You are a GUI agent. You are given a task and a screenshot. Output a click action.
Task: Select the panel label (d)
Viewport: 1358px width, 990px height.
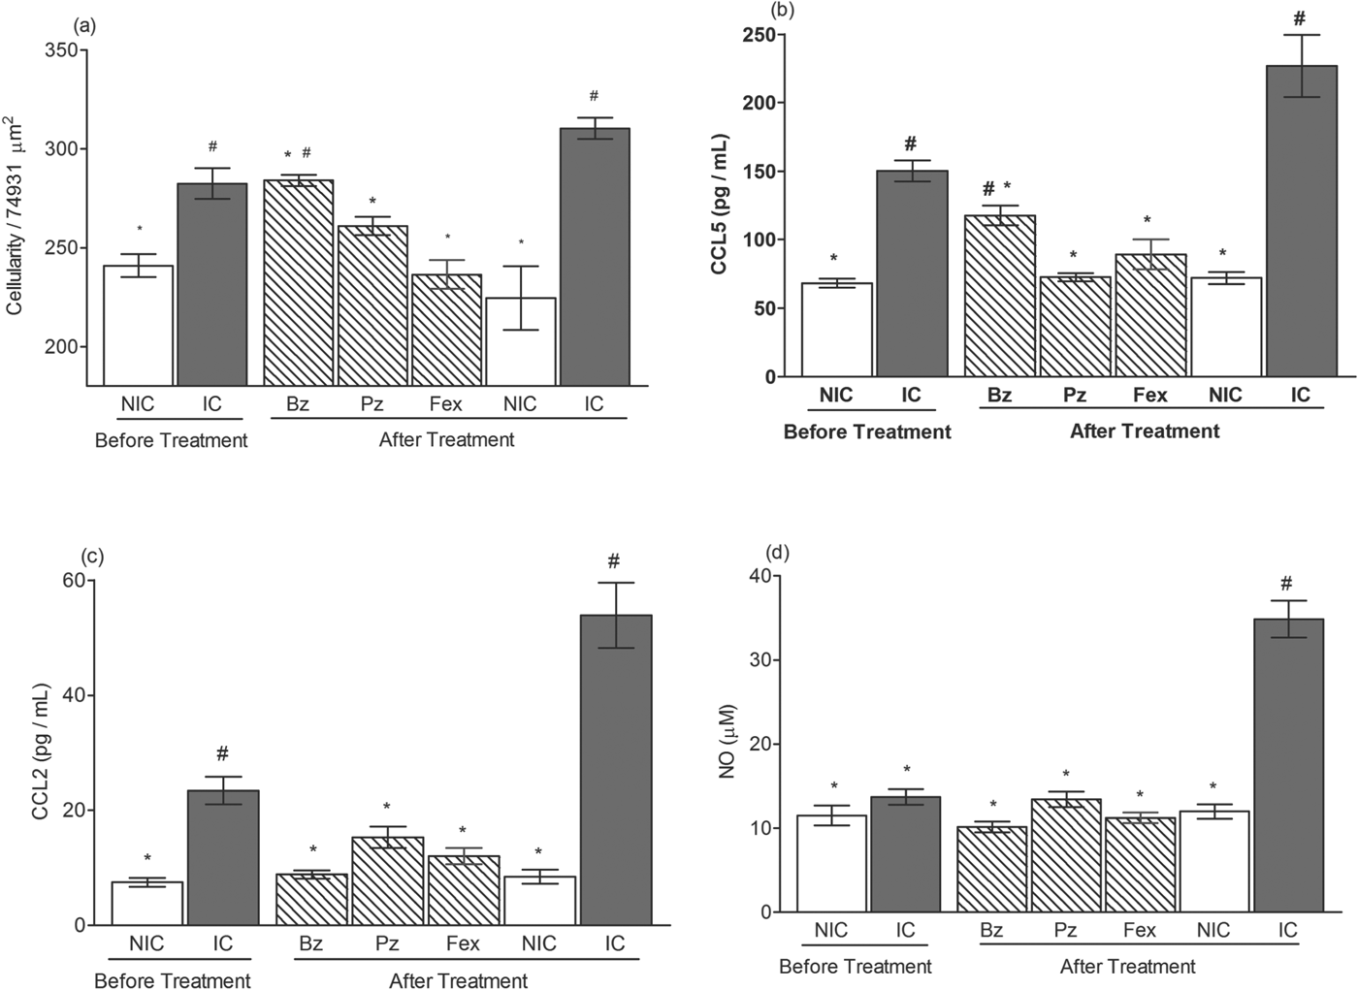[x=778, y=554]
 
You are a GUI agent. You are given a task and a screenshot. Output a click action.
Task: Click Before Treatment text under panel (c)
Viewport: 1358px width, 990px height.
[x=172, y=980]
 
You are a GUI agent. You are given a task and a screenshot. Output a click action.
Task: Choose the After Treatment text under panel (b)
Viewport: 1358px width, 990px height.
[x=1145, y=431]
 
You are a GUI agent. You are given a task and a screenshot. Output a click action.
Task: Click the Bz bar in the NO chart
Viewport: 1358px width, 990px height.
[x=991, y=869]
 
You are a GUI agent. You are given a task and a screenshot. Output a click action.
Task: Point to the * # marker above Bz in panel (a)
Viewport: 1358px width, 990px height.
[x=298, y=154]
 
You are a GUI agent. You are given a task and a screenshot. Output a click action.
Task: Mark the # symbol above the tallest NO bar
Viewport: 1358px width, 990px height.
[x=1286, y=584]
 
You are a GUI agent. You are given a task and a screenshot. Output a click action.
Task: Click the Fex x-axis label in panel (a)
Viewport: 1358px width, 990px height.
[x=446, y=403]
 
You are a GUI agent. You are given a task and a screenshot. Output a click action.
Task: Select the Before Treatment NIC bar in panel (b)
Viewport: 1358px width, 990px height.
[x=836, y=330]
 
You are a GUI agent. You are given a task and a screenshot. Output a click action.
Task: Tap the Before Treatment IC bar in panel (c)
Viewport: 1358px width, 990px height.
[x=223, y=857]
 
